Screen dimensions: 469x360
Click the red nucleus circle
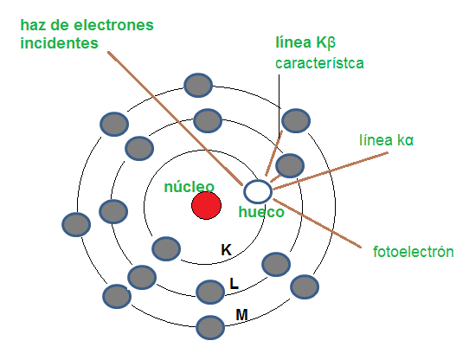point(206,206)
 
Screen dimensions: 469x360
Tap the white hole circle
point(258,191)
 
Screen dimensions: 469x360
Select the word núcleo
point(189,187)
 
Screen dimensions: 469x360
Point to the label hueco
point(261,212)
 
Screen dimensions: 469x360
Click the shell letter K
point(226,250)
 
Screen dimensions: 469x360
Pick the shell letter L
point(234,284)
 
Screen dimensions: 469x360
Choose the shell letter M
point(241,315)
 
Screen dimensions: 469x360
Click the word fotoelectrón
point(413,252)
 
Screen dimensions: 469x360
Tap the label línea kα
point(386,140)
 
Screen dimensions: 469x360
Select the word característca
point(319,63)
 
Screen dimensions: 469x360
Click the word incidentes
point(59,43)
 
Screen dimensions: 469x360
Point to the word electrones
point(113,25)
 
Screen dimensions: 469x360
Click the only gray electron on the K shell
point(166,248)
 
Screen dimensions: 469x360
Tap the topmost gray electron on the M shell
point(198,85)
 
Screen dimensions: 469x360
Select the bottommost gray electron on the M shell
point(210,327)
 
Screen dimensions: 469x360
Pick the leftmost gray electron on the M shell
point(76,224)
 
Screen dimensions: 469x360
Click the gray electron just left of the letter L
point(210,292)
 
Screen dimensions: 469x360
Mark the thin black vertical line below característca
point(279,106)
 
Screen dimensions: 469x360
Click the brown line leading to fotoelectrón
point(317,223)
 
